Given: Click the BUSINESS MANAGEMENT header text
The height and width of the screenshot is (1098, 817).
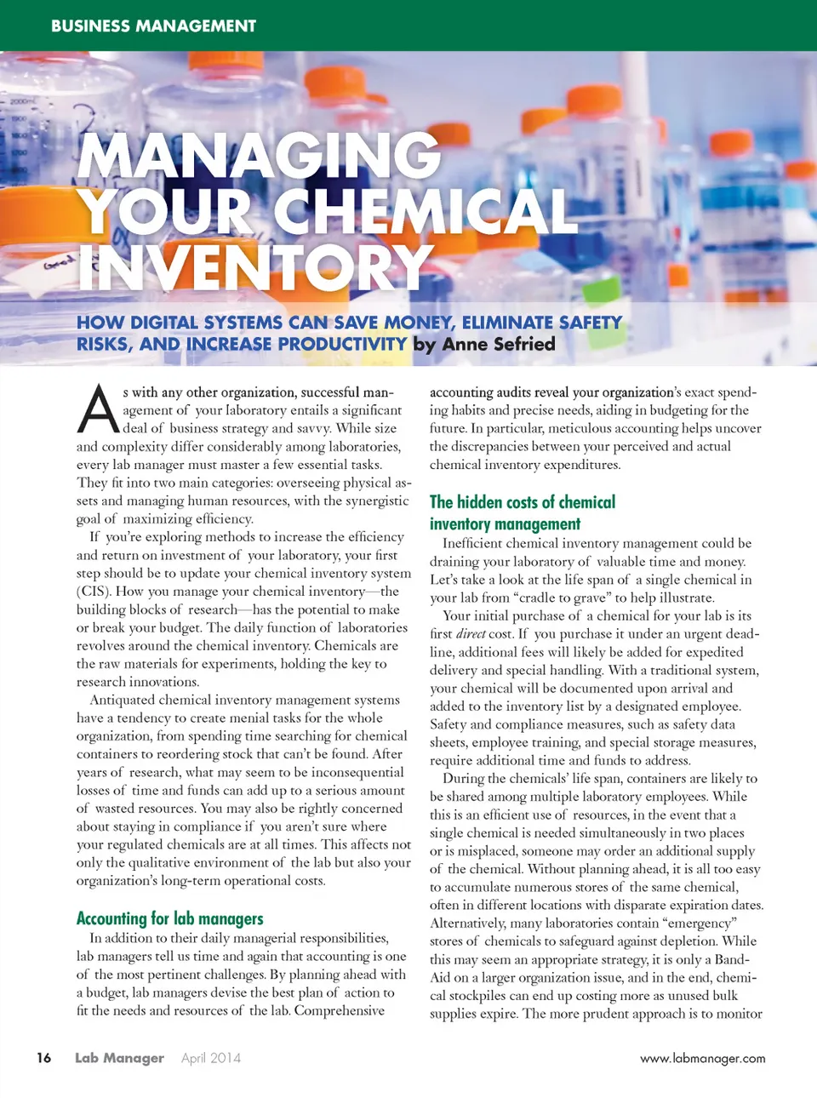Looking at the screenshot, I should pyautogui.click(x=153, y=26).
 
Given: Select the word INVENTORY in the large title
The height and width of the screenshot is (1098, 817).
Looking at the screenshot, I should pyautogui.click(x=255, y=267).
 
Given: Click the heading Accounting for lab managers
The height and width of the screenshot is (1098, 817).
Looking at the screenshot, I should pyautogui.click(x=169, y=918).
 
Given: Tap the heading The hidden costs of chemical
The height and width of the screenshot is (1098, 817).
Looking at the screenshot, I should pyautogui.click(x=522, y=502).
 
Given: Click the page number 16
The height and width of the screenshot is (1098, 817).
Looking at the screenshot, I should pyautogui.click(x=43, y=1058).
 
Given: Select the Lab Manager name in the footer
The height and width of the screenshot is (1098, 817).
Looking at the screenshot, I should pyautogui.click(x=119, y=1058).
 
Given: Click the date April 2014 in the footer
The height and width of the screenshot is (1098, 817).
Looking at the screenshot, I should pyautogui.click(x=210, y=1058).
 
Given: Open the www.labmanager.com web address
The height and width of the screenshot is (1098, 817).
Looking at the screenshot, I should pyautogui.click(x=702, y=1059).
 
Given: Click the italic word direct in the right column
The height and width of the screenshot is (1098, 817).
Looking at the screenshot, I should pyautogui.click(x=471, y=634).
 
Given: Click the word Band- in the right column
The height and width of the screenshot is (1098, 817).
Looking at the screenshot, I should pyautogui.click(x=733, y=959).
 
